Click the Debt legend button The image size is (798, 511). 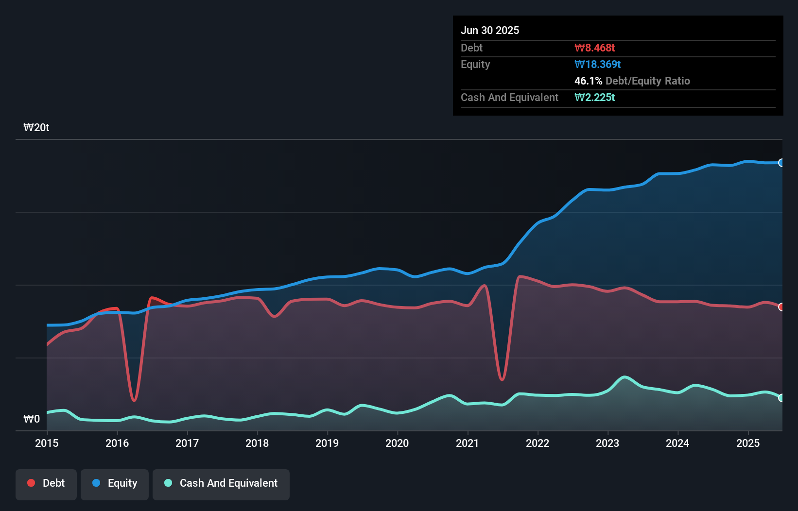[x=46, y=483]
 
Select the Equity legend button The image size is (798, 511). [x=115, y=483]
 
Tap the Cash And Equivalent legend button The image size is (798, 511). [x=221, y=483]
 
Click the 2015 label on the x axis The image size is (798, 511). [x=47, y=443]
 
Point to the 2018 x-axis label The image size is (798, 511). [x=257, y=443]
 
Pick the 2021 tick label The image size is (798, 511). [x=467, y=443]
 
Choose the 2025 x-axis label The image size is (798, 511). [x=747, y=443]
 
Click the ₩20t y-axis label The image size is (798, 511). [x=36, y=128]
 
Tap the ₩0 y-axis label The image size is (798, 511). [x=32, y=419]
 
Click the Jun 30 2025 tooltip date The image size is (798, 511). [x=490, y=30]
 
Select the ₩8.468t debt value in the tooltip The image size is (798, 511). [x=594, y=48]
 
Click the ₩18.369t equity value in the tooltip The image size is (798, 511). [x=597, y=64]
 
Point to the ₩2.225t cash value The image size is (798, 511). [x=594, y=97]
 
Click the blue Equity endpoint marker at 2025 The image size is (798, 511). [x=781, y=163]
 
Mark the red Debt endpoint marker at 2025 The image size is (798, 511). [x=781, y=307]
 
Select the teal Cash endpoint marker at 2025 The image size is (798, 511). [x=781, y=398]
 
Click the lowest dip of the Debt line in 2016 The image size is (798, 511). [x=134, y=400]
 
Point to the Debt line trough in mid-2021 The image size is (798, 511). [x=502, y=379]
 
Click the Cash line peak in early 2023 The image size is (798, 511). [x=625, y=377]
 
